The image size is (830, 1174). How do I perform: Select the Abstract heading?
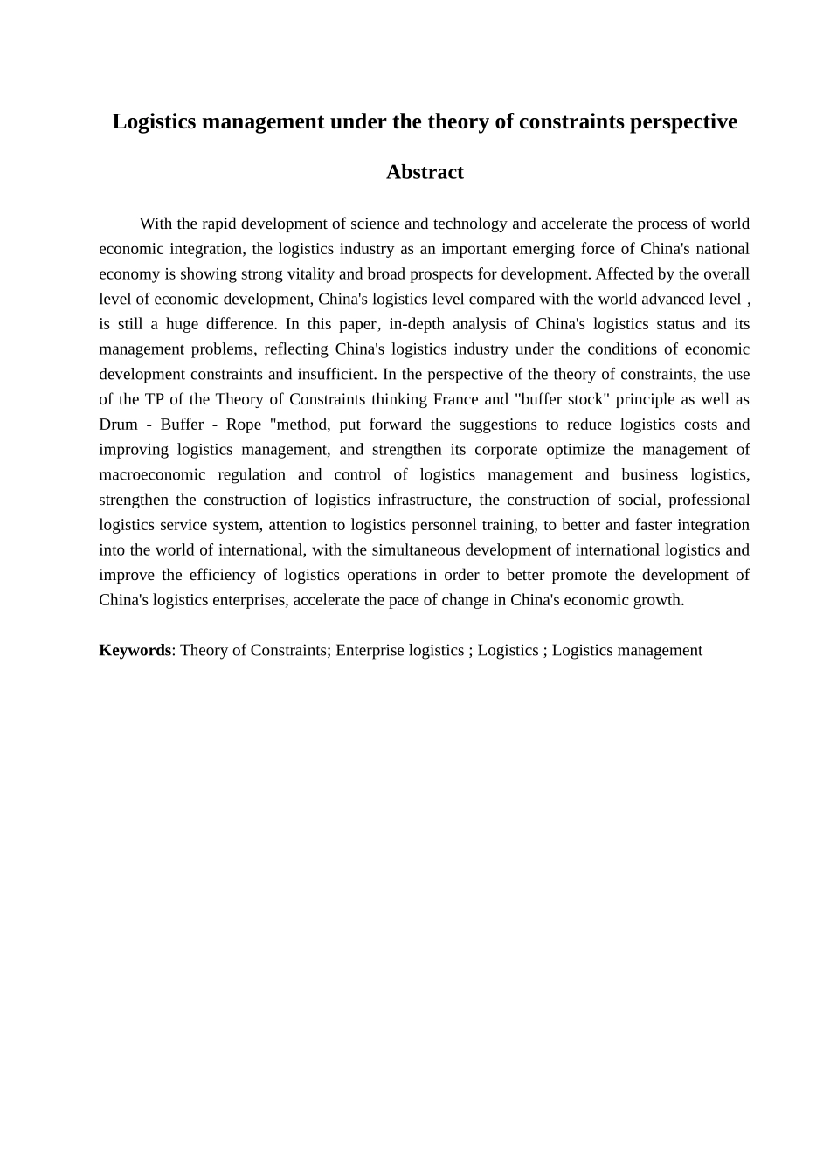425,172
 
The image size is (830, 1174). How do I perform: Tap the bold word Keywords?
135,650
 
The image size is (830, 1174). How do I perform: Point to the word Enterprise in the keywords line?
370,650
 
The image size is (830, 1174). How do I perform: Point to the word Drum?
119,425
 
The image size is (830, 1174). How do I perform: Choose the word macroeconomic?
153,474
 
